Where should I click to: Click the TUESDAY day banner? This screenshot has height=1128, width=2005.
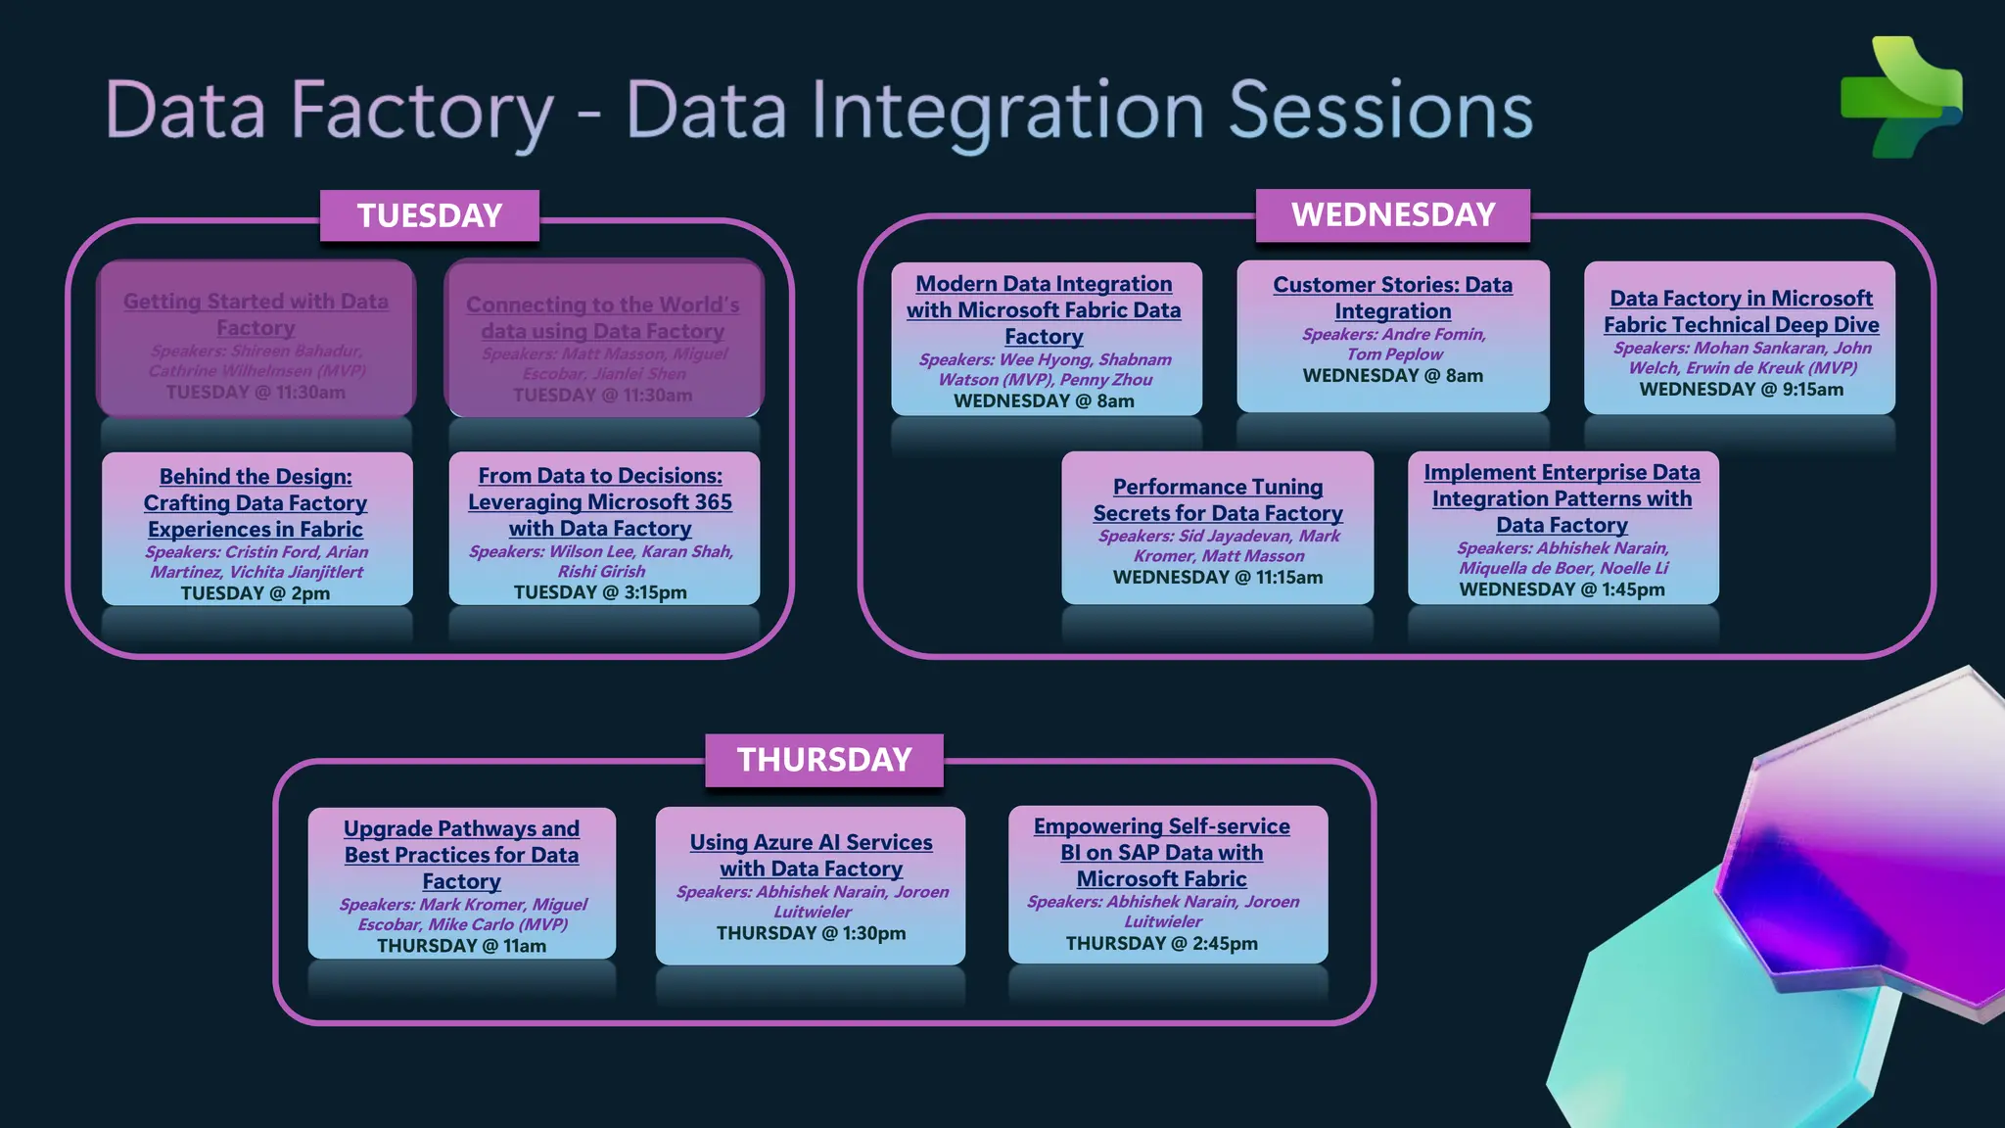[429, 215]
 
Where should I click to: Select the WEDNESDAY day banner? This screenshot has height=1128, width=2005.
[1392, 214]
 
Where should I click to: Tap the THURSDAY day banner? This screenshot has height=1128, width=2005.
[823, 760]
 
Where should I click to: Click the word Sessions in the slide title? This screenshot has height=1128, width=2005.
[1380, 111]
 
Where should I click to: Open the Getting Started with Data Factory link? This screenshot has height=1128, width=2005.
[256, 314]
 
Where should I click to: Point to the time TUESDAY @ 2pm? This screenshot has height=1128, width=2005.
[256, 593]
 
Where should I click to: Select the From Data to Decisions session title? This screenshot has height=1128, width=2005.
[600, 501]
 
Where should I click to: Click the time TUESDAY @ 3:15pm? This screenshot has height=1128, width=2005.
[600, 592]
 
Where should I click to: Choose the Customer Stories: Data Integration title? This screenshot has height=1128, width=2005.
[1392, 298]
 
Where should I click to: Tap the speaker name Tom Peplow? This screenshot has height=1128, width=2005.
[1394, 354]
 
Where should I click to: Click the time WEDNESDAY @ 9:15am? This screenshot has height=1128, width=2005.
[1741, 390]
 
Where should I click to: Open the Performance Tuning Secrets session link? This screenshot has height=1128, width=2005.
[1218, 499]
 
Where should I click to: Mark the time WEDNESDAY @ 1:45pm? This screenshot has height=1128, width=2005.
[1562, 589]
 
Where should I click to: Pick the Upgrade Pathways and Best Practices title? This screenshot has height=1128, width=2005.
[461, 855]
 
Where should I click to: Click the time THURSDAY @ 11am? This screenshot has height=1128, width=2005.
[461, 946]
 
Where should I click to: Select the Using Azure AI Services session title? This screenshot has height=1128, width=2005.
[811, 855]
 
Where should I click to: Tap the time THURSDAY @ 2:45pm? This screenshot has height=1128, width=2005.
[1161, 944]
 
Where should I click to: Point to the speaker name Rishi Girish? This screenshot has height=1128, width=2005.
[601, 572]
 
